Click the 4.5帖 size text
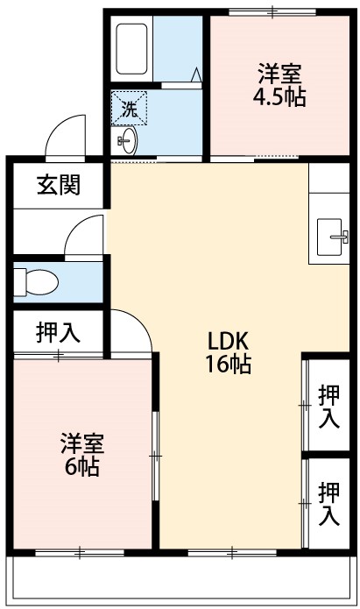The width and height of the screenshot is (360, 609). click(279, 98)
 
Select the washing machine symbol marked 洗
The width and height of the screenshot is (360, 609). click(130, 110)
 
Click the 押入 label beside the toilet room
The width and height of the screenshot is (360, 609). click(58, 332)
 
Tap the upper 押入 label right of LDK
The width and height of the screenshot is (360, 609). click(329, 406)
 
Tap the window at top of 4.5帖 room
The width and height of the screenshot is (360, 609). click(272, 12)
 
